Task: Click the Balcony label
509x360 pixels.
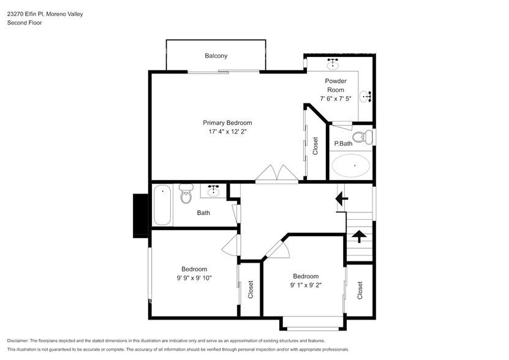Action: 216,56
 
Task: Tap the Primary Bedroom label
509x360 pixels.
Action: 228,122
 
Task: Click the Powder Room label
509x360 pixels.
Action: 335,85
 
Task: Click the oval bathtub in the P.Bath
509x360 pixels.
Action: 350,165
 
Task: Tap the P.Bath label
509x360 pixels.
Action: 342,144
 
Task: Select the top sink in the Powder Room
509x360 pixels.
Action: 333,63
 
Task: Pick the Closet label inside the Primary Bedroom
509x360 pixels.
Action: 315,146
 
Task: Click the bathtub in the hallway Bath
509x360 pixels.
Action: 162,204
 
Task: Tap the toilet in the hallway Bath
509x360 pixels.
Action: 186,195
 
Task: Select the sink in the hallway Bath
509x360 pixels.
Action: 213,191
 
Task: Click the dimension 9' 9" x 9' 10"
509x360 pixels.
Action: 194,278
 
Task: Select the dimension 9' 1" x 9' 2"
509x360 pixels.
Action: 305,285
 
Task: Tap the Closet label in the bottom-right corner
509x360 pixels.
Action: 360,290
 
